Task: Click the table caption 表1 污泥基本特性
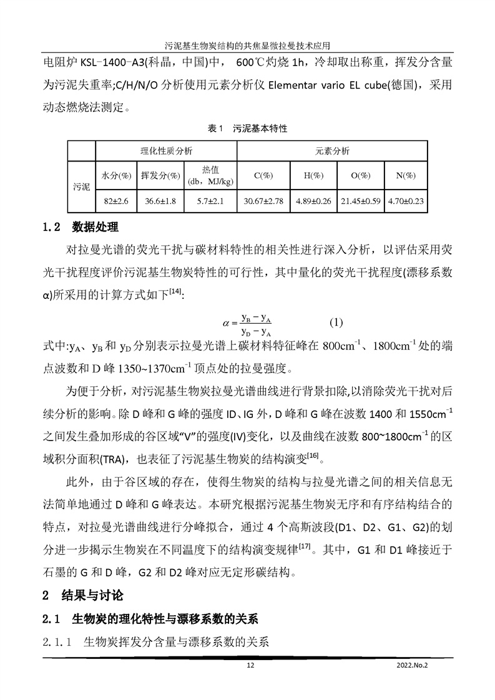coord(247,129)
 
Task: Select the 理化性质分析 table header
coord(166,152)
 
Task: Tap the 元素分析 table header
coord(332,152)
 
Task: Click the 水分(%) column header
coord(115,176)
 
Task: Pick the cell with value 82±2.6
coord(115,201)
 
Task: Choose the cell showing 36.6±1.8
coord(161,201)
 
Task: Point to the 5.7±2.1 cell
coord(211,201)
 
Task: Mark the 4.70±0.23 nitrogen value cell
coord(406,201)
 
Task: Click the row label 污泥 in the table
coord(81,187)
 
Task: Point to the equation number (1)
coord(336,323)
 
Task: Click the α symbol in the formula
coord(226,323)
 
